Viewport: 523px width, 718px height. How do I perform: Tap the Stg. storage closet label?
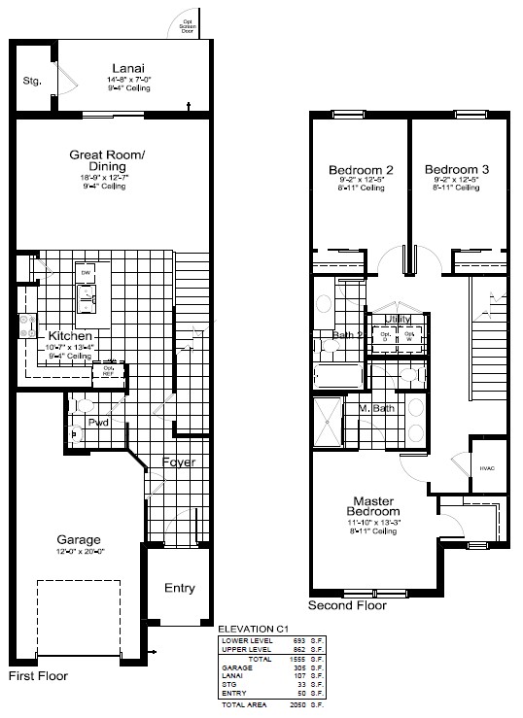pyautogui.click(x=31, y=81)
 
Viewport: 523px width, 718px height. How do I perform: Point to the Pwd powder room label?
pyautogui.click(x=98, y=424)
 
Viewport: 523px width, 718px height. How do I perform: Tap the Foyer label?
pyautogui.click(x=180, y=462)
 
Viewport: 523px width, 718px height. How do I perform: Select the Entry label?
pyautogui.click(x=179, y=588)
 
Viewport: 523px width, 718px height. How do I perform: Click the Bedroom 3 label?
pyautogui.click(x=456, y=169)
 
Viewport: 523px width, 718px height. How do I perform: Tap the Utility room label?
pyautogui.click(x=399, y=319)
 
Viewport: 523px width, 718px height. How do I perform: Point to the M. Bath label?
pyautogui.click(x=373, y=408)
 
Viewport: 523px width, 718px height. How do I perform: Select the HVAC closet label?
pyautogui.click(x=487, y=468)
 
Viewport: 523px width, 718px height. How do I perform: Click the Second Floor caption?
pyautogui.click(x=347, y=605)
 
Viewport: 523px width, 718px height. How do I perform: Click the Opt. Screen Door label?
pyautogui.click(x=187, y=26)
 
